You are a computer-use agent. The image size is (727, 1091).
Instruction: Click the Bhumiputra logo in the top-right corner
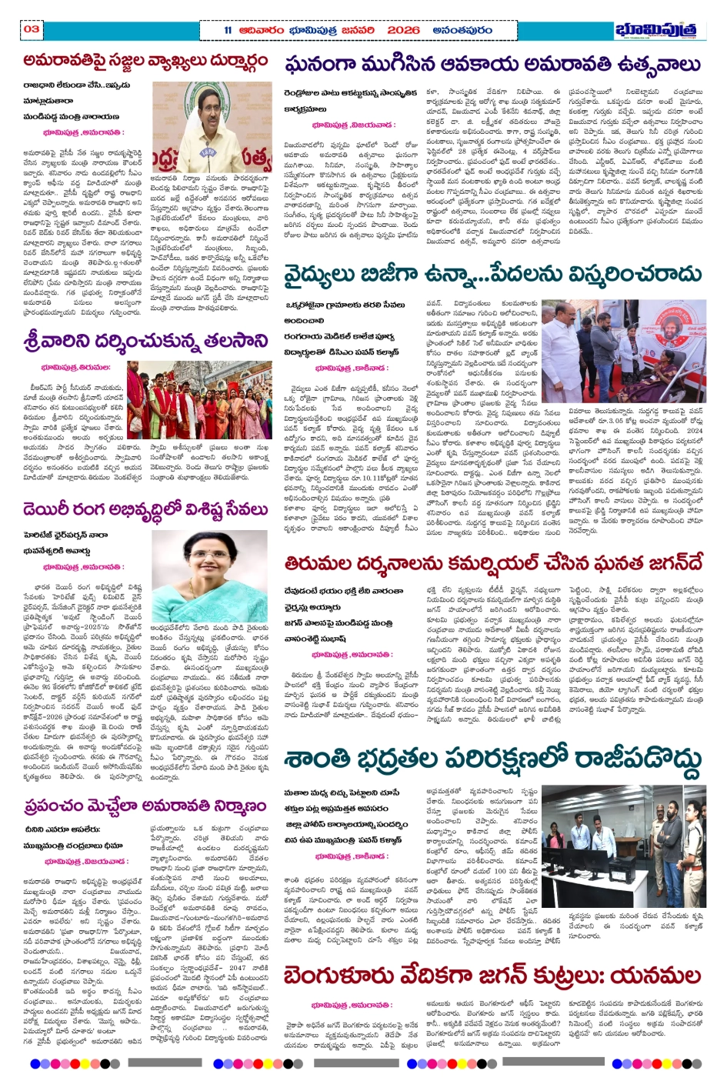[x=660, y=30]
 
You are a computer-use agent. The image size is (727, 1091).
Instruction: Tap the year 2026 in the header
[x=404, y=30]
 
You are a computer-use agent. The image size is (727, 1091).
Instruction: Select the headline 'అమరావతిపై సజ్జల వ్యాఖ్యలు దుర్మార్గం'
[x=145, y=61]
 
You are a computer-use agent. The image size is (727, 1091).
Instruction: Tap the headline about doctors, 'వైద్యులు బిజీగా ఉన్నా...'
[x=492, y=275]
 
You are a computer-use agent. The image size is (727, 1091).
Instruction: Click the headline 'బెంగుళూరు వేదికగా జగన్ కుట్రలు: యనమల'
[x=492, y=976]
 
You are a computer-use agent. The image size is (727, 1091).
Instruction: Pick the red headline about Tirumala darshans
[x=492, y=564]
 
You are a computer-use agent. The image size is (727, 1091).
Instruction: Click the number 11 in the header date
[x=228, y=30]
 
